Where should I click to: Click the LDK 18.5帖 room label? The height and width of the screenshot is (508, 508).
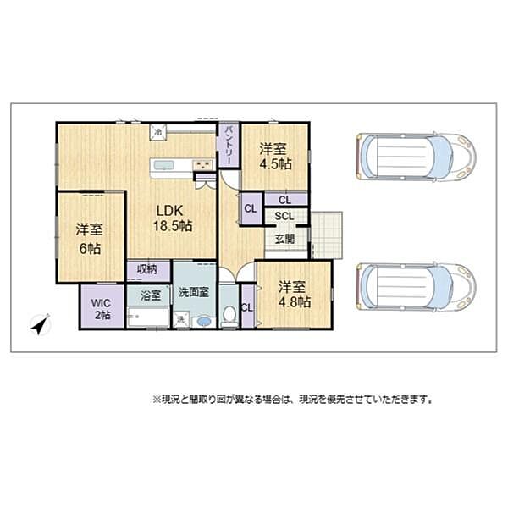click(x=172, y=218)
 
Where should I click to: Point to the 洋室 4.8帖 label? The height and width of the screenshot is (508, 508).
click(x=295, y=293)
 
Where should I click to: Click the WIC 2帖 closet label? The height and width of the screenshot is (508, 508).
click(x=102, y=308)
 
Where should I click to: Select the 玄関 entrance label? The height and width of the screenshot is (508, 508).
click(x=284, y=238)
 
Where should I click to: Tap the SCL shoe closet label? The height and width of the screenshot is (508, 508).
click(x=284, y=216)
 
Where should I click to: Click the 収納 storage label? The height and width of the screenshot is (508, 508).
click(x=147, y=270)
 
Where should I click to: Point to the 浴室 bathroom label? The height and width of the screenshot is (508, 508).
click(x=148, y=297)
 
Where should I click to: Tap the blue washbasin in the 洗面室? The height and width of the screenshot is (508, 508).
click(x=203, y=321)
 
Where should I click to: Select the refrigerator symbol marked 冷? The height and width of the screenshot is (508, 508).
click(x=158, y=131)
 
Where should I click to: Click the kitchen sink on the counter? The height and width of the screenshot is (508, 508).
click(x=164, y=164)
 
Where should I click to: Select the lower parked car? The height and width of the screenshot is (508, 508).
click(x=415, y=286)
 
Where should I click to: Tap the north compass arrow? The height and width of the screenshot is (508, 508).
click(x=40, y=323)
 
